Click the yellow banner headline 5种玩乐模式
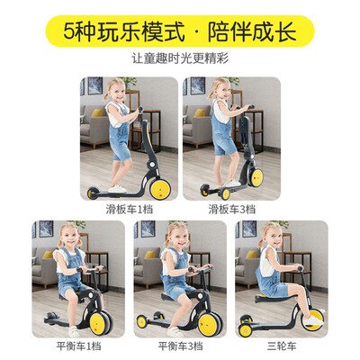(124, 31)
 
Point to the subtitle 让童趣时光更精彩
(180, 58)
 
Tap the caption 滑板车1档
(130, 210)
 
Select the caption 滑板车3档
(232, 210)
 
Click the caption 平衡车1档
(78, 346)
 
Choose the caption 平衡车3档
(180, 346)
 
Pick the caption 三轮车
(282, 346)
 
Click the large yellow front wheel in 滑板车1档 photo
(160, 190)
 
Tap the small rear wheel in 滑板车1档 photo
(92, 193)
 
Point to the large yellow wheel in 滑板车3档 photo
(256, 178)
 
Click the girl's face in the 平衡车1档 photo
(71, 238)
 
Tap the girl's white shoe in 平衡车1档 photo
(74, 331)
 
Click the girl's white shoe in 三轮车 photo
(312, 320)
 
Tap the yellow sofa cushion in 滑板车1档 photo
(97, 112)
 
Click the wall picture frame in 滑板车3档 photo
(198, 85)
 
